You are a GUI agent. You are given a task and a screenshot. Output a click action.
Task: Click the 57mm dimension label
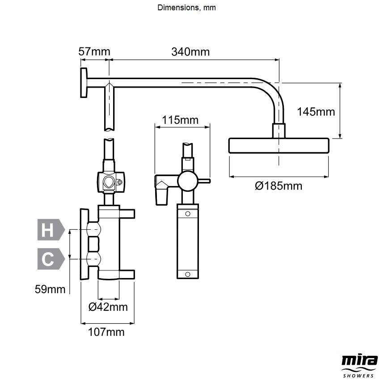[94, 51]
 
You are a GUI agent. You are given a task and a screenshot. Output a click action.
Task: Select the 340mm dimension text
[190, 51]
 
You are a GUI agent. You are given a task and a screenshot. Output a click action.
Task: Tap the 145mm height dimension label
[316, 112]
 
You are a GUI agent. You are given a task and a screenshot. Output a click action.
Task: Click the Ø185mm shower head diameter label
[279, 186]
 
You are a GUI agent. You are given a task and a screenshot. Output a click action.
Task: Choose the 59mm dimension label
[50, 289]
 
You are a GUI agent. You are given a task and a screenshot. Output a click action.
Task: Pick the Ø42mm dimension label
[108, 307]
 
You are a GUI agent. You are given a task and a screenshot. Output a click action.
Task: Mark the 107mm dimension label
[106, 332]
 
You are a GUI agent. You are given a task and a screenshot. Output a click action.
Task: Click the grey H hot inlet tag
[50, 231]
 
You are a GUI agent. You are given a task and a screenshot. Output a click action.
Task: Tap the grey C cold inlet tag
[50, 259]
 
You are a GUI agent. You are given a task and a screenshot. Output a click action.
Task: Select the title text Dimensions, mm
[186, 8]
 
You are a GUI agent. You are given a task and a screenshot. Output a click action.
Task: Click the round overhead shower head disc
[279, 146]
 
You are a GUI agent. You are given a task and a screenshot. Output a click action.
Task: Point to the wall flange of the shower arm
[84, 83]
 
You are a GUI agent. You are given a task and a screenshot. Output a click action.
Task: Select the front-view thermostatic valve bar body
[187, 241]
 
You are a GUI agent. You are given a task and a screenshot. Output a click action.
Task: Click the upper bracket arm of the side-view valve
[127, 214]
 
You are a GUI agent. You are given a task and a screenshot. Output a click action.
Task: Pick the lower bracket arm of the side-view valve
[127, 274]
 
